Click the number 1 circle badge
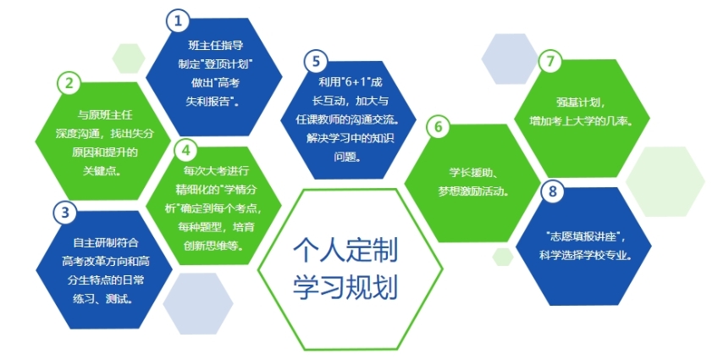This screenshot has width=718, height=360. click(x=178, y=21)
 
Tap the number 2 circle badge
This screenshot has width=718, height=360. click(x=69, y=83)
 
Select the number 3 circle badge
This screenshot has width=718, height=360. click(x=65, y=213)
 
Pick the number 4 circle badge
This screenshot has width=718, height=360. click(x=186, y=150)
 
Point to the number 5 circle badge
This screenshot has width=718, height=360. click(x=316, y=62)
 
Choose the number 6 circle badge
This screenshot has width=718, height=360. click(x=439, y=126)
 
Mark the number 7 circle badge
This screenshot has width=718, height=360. click(x=550, y=61)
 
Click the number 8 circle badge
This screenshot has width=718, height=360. click(x=553, y=191)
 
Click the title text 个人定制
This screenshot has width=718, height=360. click(x=345, y=250)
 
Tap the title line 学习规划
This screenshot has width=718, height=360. click(x=345, y=286)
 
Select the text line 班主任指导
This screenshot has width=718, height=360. click(x=216, y=46)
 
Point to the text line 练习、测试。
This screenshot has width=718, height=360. click(x=103, y=299)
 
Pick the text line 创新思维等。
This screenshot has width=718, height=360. click(x=213, y=246)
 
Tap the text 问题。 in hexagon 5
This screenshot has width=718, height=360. click(x=347, y=157)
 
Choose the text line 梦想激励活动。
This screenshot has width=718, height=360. click(x=473, y=191)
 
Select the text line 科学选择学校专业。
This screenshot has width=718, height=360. click(x=586, y=255)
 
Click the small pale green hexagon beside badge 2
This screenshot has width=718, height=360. click(x=129, y=58)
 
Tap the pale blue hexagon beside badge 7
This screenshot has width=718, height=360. click(x=510, y=58)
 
